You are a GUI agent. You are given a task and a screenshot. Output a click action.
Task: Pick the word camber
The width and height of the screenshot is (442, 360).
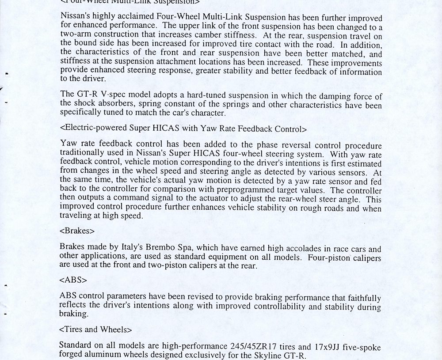click(x=209, y=36)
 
